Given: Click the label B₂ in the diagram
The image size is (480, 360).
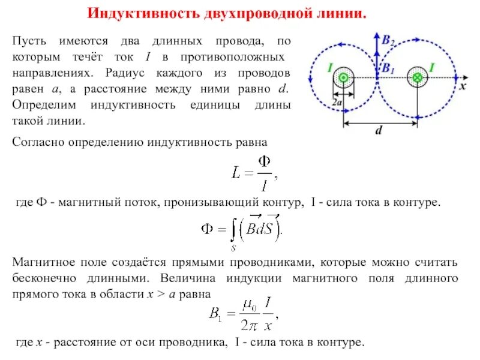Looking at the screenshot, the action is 389,41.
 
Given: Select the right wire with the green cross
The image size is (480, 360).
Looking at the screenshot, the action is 416,77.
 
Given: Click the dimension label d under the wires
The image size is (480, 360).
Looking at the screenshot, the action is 379,131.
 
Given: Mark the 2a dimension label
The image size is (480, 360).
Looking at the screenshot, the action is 337,103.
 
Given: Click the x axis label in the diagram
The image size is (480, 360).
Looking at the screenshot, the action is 463,86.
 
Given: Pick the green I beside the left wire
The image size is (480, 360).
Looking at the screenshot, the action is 329,69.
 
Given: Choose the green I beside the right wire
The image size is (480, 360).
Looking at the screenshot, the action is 431,68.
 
